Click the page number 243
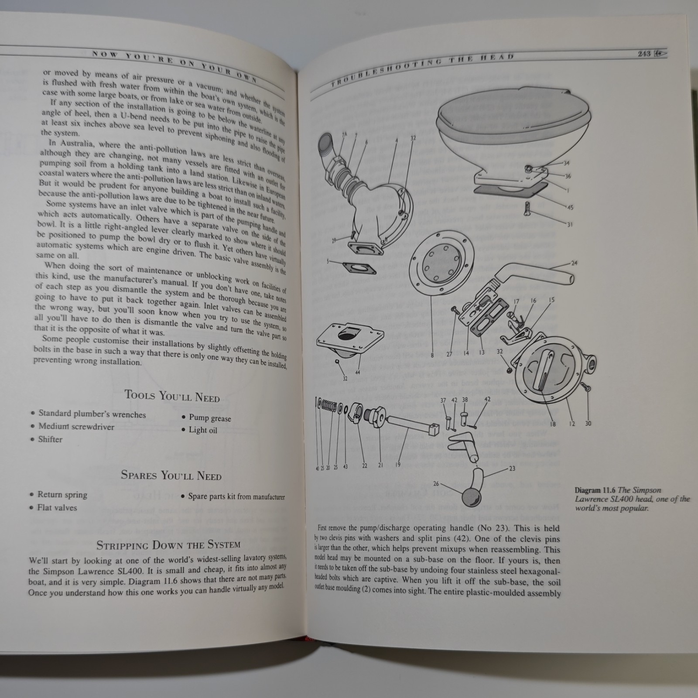click(643, 54)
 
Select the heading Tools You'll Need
click(172, 396)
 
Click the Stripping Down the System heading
click(168, 545)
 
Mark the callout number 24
click(574, 263)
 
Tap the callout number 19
click(397, 465)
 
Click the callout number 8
click(432, 356)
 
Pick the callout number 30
click(588, 423)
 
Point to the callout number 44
click(358, 372)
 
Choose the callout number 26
click(436, 483)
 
